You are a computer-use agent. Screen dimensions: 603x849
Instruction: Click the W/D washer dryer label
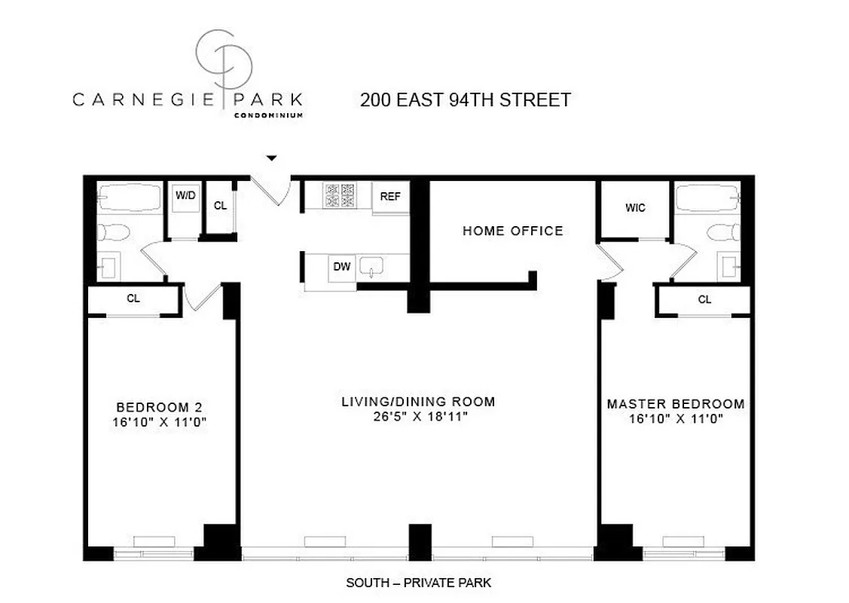(185, 195)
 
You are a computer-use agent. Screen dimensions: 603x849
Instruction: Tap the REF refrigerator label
(389, 196)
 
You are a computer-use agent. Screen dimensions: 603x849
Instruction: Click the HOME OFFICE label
(512, 231)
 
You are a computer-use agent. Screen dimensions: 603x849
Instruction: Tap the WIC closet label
(635, 208)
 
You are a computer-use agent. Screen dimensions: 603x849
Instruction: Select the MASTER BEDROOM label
(676, 404)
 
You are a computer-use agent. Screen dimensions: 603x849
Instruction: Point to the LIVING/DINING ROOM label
(418, 401)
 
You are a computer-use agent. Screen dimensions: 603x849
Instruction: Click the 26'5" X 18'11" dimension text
(418, 417)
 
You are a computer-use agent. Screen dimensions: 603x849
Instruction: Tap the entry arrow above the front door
(273, 158)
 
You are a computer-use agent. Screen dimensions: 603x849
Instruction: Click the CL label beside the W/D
(220, 205)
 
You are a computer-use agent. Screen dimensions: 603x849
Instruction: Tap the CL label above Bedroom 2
(133, 298)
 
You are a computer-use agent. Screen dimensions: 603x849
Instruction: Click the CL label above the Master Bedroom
(704, 299)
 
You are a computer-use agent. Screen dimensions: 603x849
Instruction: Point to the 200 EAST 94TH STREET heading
(465, 99)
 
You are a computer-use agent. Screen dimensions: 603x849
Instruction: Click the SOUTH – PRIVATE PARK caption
(418, 583)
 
